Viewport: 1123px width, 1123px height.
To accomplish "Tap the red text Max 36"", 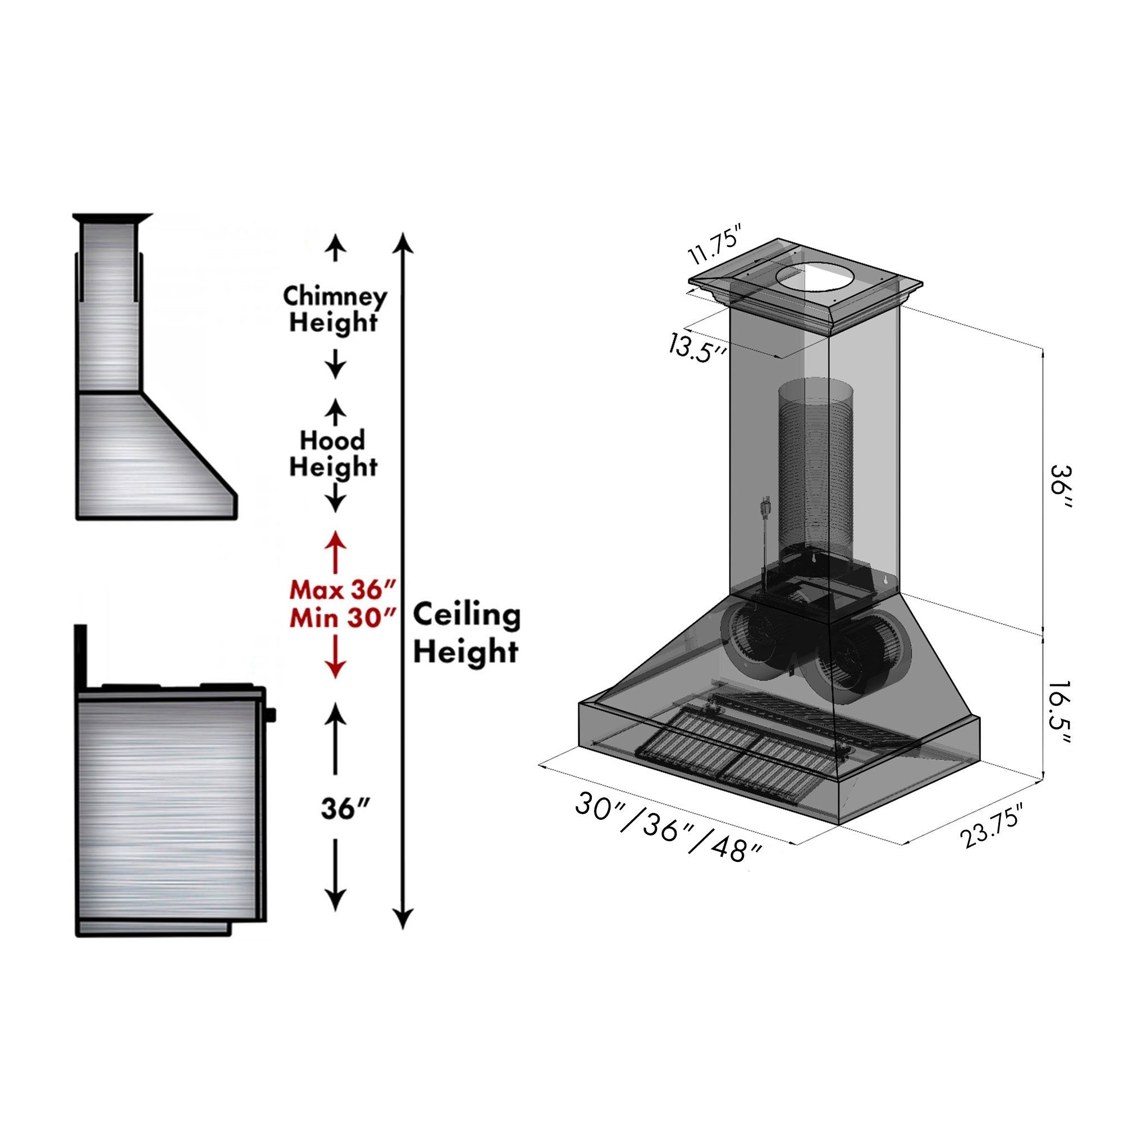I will (x=343, y=591).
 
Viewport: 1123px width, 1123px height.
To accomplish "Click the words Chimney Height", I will (x=334, y=309).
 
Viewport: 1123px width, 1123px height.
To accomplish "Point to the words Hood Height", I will (x=333, y=454).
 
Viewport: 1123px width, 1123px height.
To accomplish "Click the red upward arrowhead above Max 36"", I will (x=335, y=540).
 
